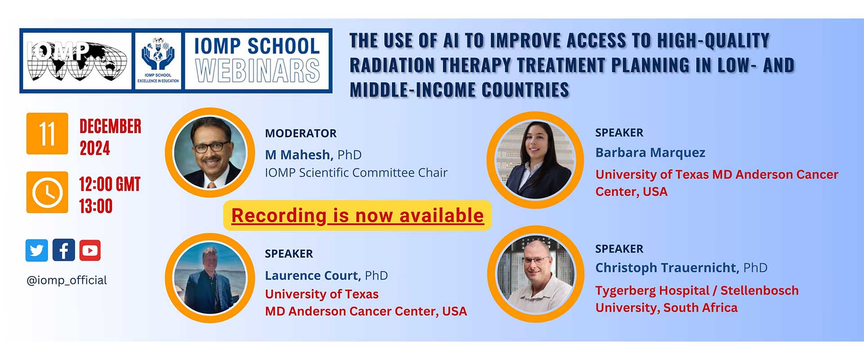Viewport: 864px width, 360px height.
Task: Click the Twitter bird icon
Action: point(37,250)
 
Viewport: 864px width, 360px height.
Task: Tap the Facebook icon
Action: point(63,250)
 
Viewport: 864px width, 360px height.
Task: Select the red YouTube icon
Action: point(90,250)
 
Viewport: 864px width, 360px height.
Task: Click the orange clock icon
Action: point(47,192)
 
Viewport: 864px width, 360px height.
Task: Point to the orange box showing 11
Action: point(47,134)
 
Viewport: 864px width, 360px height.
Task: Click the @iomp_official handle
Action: point(67,280)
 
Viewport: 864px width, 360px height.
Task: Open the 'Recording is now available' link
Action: point(357,216)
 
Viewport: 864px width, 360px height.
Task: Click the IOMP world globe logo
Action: point(77,61)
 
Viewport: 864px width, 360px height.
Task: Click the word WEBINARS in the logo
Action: point(257,71)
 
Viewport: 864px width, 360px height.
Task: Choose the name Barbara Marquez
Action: point(650,153)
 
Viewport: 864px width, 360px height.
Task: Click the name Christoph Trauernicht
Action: point(667,268)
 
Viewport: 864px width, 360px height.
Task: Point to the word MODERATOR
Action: point(301,133)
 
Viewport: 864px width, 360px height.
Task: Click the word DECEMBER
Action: point(110,126)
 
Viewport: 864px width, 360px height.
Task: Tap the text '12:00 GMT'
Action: point(110,184)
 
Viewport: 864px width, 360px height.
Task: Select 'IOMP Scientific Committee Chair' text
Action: point(356,173)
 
